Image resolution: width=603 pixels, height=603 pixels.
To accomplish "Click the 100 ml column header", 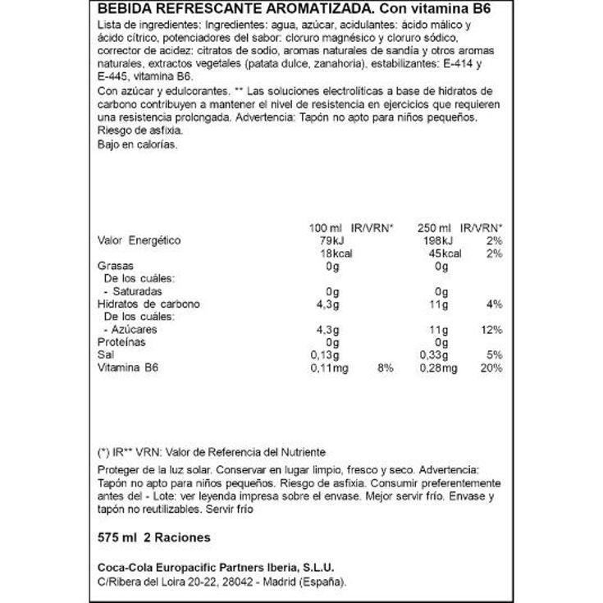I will (317, 226).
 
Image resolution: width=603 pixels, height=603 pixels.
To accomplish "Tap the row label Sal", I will (105, 355).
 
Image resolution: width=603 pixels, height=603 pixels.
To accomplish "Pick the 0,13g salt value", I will (325, 355).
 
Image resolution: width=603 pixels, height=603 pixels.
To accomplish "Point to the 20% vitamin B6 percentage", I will (492, 368).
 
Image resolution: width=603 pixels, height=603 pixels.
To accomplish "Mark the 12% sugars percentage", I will (492, 329).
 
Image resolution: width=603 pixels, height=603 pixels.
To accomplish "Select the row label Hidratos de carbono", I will (148, 304).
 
